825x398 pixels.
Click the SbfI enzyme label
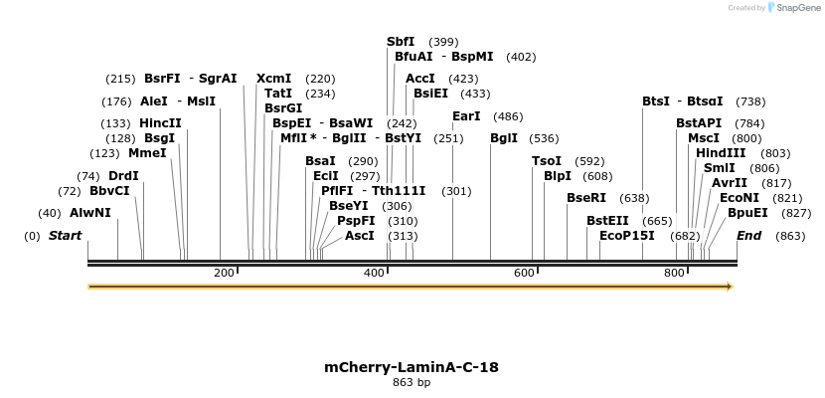tap(401, 42)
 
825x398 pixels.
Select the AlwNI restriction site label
tap(90, 213)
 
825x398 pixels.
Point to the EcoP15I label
tap(627, 236)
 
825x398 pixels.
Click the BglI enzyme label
tap(504, 138)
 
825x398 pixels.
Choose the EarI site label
tap(466, 116)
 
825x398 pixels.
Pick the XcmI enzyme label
tap(274, 78)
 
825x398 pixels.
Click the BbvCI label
tap(109, 191)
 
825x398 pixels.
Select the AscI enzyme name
tap(360, 236)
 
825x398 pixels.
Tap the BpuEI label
tap(747, 213)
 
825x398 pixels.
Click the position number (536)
tap(544, 138)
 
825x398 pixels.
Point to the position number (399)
tap(443, 42)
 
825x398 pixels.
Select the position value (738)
tap(750, 101)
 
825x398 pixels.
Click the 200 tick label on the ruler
tap(224, 273)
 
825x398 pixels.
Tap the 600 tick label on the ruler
tap(524, 273)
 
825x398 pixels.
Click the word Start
tap(65, 236)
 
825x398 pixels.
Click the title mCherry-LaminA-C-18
tap(412, 367)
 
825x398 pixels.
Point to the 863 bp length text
tap(412, 382)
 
